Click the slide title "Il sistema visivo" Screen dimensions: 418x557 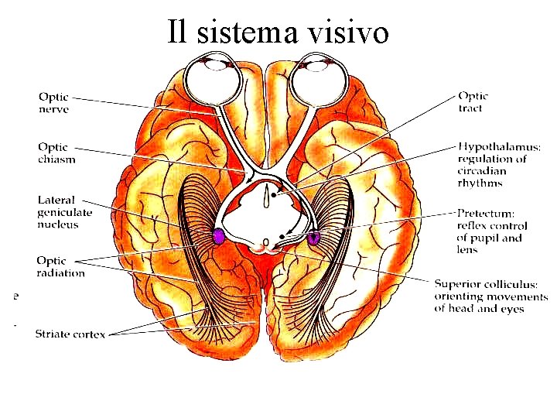(x=278, y=32)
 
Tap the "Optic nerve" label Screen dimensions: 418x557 (x=54, y=104)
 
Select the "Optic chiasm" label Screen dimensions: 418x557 (x=56, y=152)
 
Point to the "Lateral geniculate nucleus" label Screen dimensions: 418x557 (x=65, y=212)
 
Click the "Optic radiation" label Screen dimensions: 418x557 (x=60, y=266)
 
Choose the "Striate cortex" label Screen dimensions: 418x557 (x=70, y=334)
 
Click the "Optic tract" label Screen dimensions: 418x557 (x=473, y=102)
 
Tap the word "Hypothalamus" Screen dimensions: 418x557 (x=499, y=146)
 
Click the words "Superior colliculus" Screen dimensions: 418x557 (x=491, y=284)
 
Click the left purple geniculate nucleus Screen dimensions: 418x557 (x=219, y=237)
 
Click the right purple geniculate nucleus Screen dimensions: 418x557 (x=313, y=238)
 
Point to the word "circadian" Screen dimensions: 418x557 (x=482, y=171)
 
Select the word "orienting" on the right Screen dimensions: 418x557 (x=458, y=296)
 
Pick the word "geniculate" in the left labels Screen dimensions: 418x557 (x=65, y=212)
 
